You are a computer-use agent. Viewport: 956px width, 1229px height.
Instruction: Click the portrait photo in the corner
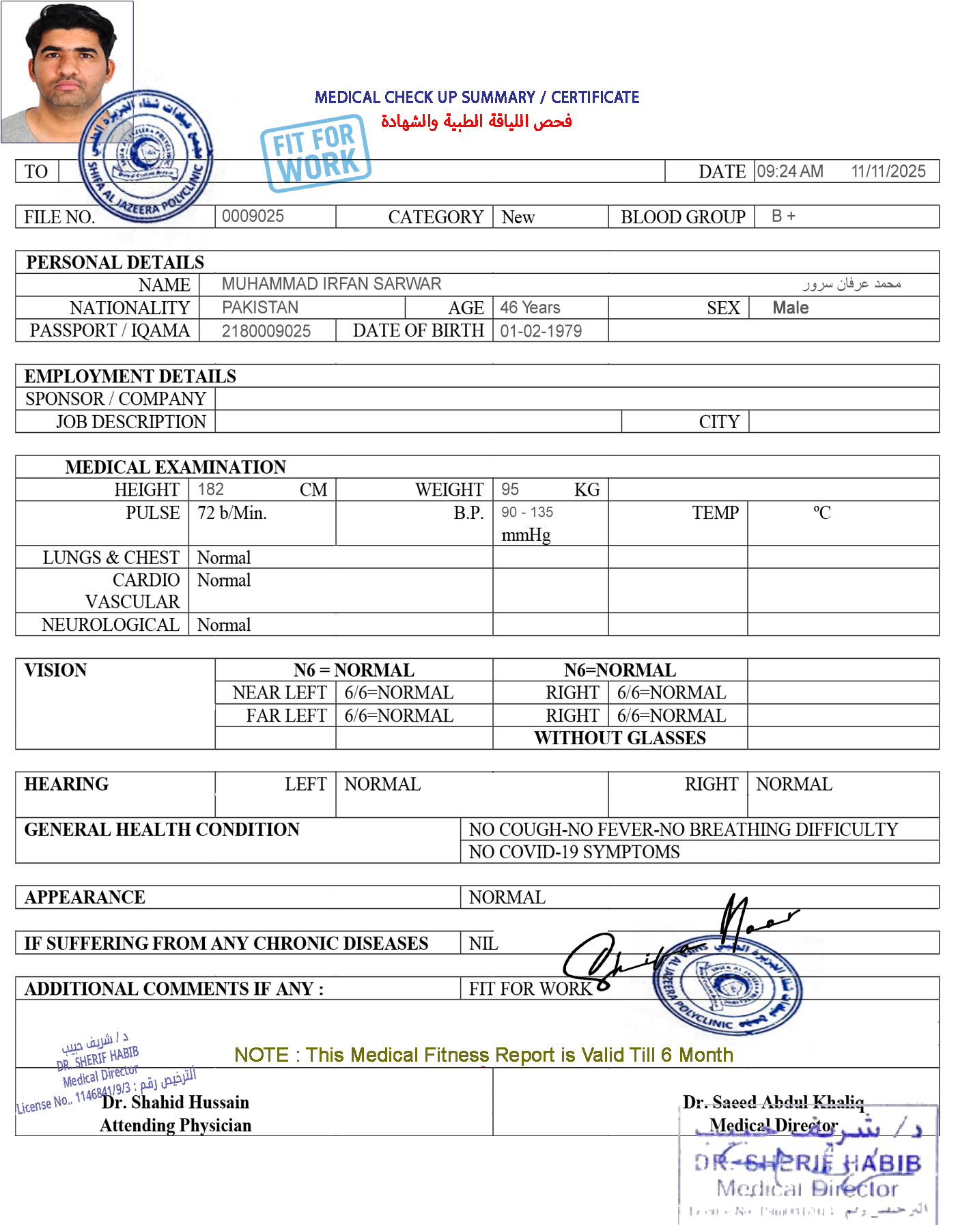click(67, 72)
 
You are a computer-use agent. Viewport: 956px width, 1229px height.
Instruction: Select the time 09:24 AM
click(789, 171)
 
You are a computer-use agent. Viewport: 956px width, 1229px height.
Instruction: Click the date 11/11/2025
click(887, 171)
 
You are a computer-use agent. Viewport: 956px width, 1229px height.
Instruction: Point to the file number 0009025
click(253, 216)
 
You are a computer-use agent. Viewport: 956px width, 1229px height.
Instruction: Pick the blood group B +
click(783, 216)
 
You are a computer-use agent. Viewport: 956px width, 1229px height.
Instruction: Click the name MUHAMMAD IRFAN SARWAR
click(331, 284)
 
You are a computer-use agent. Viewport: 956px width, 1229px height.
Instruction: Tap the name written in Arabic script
click(851, 283)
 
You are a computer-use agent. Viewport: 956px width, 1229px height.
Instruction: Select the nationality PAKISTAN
click(260, 307)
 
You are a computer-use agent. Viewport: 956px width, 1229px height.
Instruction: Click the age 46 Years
click(530, 308)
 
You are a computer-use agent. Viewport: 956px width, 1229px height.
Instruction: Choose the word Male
click(790, 308)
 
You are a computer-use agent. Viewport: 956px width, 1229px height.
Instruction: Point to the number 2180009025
click(266, 331)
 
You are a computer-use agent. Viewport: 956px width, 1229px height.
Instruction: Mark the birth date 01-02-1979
click(541, 331)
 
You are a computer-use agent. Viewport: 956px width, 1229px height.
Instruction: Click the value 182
click(210, 489)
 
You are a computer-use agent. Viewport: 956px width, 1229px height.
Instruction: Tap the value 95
click(509, 489)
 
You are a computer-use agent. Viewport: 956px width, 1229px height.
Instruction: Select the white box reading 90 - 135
click(533, 513)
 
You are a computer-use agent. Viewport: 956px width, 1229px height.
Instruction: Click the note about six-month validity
click(483, 1056)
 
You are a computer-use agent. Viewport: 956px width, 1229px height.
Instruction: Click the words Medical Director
click(773, 1125)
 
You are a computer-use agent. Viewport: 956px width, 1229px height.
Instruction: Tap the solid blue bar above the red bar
click(477, 97)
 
